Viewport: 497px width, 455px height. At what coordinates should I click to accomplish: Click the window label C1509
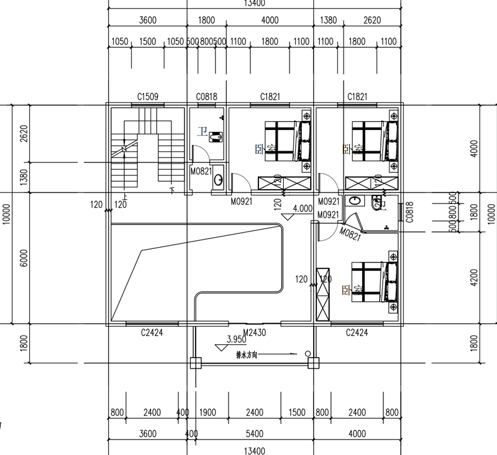148,96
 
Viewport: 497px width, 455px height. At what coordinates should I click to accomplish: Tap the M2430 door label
255,333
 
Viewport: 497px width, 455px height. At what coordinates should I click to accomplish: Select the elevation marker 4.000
302,209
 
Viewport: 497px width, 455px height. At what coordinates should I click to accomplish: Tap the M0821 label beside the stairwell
202,171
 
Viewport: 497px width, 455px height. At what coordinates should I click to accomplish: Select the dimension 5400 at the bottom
271,434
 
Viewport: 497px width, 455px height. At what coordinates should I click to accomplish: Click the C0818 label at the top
206,96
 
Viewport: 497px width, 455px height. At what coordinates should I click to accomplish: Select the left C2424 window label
152,333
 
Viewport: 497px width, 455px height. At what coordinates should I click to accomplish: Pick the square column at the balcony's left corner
195,362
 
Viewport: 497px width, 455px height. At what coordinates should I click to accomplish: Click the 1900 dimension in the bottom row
207,413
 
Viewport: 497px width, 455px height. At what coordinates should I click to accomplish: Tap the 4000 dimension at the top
270,21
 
